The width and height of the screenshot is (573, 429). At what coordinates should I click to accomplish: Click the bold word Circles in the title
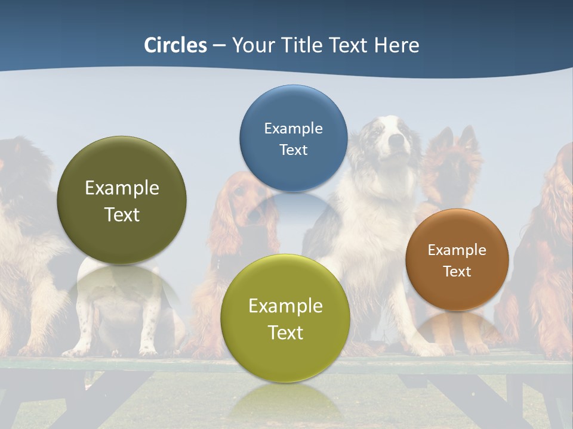click(175, 45)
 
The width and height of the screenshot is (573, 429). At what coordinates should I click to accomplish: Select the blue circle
click(293, 138)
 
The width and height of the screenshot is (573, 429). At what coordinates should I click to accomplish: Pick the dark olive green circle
click(122, 200)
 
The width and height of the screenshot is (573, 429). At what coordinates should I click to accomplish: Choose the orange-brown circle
click(457, 260)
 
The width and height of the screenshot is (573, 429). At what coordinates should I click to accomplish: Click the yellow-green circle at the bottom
click(285, 318)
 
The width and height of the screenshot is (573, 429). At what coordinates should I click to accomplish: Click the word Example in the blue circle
click(293, 128)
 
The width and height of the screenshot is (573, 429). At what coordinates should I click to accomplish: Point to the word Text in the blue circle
click(293, 150)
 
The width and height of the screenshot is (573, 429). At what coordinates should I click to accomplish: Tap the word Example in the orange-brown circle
click(457, 250)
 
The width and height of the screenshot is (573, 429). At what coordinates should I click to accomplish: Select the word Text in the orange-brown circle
click(457, 271)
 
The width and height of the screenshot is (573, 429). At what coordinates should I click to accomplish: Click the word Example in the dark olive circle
click(122, 188)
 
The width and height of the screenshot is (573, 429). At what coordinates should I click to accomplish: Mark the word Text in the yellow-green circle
click(285, 332)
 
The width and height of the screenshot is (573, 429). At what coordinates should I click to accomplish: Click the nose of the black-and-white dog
click(395, 141)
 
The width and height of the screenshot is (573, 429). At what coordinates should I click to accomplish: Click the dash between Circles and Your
click(219, 46)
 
